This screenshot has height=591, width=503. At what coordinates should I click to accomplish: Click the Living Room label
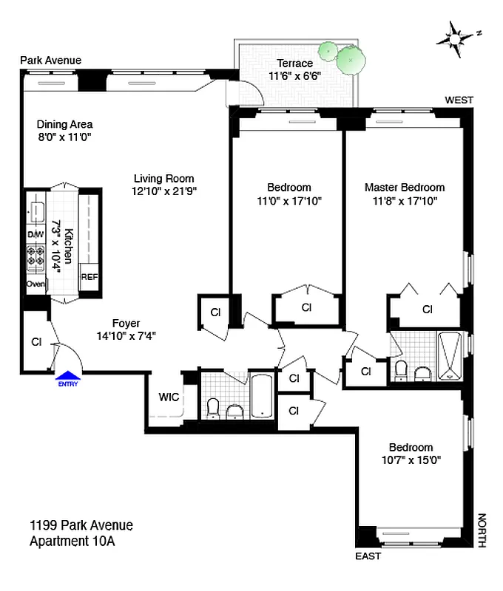(x=163, y=178)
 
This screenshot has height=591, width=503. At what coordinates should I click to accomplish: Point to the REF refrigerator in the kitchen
(x=89, y=277)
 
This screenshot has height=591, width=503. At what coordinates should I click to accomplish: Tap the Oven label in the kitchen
(x=36, y=284)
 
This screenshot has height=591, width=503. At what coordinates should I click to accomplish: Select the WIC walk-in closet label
(x=169, y=397)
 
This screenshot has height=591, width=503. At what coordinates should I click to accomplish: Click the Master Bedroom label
(x=405, y=188)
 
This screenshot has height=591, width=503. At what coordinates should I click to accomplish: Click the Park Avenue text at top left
(x=50, y=60)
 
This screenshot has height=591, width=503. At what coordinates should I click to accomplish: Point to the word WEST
(x=459, y=100)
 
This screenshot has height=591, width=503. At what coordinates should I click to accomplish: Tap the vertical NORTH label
(x=481, y=530)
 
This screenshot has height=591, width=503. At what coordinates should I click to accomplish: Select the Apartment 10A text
(x=72, y=541)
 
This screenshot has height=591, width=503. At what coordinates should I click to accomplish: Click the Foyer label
(x=126, y=323)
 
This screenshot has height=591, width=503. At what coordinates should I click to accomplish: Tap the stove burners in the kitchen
(x=36, y=258)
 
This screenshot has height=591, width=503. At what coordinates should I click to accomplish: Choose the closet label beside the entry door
(x=36, y=342)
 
